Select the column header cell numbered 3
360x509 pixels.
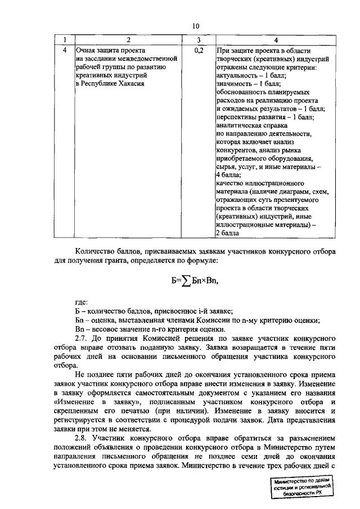(x=199, y=40)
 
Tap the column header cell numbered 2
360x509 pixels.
(x=128, y=40)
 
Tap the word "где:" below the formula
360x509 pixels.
(x=82, y=302)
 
